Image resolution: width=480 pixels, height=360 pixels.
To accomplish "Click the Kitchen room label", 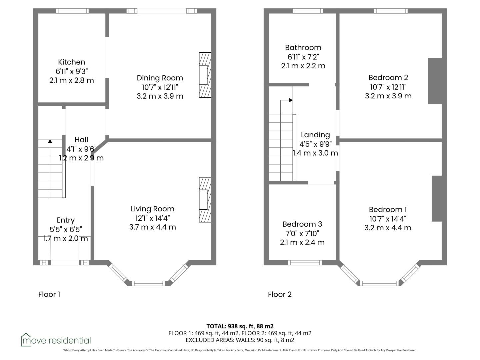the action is point(72,62).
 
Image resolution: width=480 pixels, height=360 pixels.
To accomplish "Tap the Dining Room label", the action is point(160,78).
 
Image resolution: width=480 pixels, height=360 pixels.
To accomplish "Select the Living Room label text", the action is point(152,209).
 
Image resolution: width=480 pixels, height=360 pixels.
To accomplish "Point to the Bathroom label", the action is point(303,47).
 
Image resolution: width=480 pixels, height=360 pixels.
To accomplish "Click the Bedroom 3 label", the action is point(302,224).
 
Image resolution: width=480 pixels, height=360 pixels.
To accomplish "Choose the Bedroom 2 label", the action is point(388,78).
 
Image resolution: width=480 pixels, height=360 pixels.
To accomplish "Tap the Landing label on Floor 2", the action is point(315,135).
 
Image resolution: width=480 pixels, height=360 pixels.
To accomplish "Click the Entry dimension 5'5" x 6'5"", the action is point(66,229).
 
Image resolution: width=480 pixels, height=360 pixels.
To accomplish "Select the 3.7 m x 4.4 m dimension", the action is point(152,227).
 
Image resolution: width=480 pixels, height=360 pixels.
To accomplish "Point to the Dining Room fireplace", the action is point(205,75).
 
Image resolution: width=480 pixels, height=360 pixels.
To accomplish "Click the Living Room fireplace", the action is point(205,200).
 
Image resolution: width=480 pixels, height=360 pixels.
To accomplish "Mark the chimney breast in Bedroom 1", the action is point(437,199).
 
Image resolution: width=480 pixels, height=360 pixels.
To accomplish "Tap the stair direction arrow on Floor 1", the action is point(50,168).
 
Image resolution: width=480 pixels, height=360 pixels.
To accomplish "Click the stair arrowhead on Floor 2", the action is point(291,100).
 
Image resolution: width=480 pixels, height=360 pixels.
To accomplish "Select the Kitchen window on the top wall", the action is point(72,11).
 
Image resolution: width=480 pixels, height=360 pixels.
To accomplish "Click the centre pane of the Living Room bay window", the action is point(148,283).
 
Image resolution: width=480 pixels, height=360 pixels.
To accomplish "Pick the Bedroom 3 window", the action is point(305,263).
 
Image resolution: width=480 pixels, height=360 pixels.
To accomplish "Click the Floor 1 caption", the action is point(49,294).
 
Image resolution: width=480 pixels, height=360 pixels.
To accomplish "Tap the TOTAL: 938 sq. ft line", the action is point(240,326).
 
